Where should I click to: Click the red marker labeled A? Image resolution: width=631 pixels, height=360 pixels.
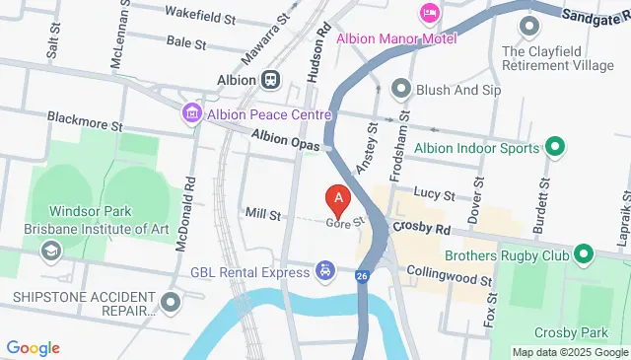pos(338,201)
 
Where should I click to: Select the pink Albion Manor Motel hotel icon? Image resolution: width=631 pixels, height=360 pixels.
pos(430,13)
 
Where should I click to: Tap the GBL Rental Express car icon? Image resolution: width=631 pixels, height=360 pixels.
pos(324,270)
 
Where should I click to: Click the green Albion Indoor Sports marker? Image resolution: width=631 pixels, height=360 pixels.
pos(554,148)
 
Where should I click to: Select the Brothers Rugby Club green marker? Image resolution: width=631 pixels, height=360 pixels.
pos(583,255)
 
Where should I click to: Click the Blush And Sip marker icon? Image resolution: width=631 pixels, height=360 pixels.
pos(400,89)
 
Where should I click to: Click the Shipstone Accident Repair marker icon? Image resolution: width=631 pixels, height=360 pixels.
pos(173,301)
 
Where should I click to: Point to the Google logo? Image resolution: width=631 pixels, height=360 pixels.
pos(34,348)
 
